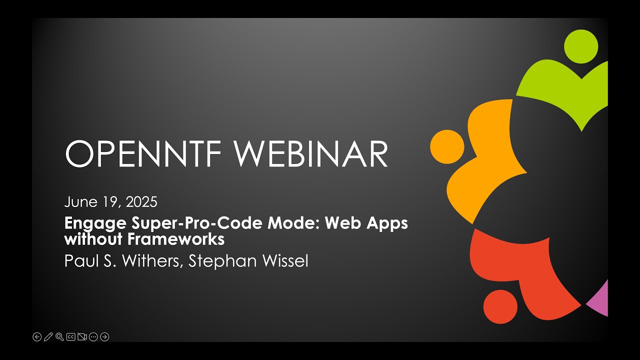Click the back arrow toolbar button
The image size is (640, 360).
(x=37, y=337)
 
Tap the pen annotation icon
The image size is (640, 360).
(x=48, y=337)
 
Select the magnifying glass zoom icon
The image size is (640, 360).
(x=59, y=337)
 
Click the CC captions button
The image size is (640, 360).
(x=71, y=337)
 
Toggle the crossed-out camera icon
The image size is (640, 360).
(x=82, y=337)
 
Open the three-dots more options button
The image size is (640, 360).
(x=93, y=337)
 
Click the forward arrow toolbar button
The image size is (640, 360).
(x=104, y=337)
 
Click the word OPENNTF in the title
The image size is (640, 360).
(x=143, y=153)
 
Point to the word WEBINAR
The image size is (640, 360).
(x=311, y=153)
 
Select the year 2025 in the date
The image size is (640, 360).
(x=141, y=202)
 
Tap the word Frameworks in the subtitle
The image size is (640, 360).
(x=175, y=239)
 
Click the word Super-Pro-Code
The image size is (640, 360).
(x=196, y=223)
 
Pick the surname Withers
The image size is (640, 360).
(x=152, y=261)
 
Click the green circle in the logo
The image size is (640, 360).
(x=581, y=46)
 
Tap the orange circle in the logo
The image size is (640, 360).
(x=447, y=147)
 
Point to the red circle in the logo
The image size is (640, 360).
(x=500, y=307)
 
